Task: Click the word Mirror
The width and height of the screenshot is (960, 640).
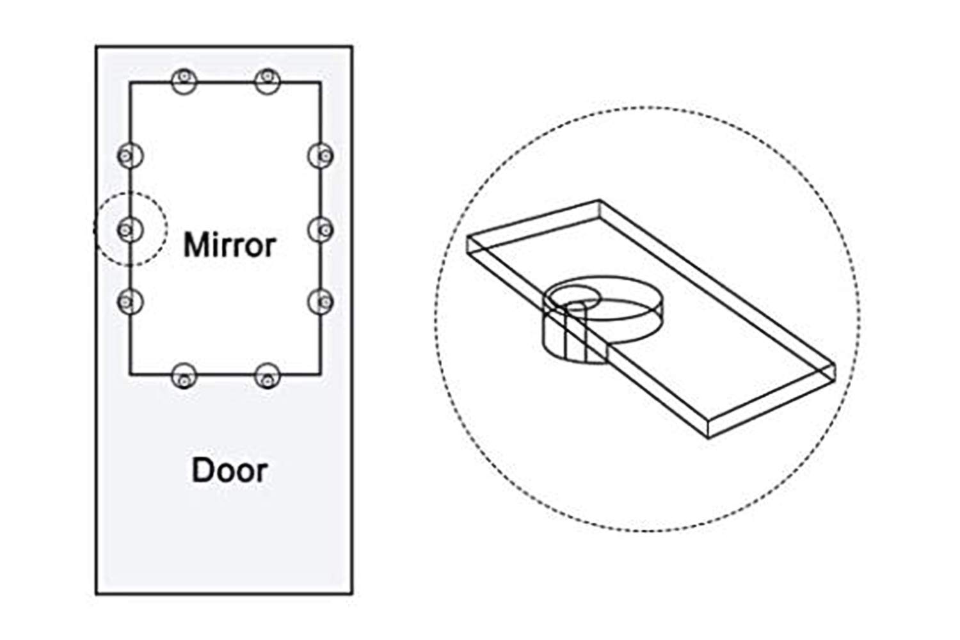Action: [229, 244]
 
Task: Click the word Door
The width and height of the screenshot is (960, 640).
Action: [230, 470]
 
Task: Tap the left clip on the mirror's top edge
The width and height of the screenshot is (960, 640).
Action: [184, 81]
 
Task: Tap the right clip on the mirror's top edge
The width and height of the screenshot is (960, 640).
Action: [268, 81]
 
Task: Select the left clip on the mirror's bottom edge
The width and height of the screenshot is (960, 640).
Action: [184, 376]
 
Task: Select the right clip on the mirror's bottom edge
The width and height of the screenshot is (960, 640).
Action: [268, 376]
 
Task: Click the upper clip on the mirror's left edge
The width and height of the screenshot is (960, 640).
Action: [131, 156]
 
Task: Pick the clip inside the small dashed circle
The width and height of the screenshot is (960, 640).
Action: [131, 230]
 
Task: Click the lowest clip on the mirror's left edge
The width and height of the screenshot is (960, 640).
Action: [131, 301]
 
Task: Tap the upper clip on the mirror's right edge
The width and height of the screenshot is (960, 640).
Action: [321, 156]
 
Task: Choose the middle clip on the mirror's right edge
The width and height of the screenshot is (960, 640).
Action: [321, 230]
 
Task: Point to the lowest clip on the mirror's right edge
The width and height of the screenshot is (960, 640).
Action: [321, 301]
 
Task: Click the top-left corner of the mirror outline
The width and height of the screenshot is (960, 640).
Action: [131, 83]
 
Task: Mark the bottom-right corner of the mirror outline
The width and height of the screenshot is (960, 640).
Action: [321, 374]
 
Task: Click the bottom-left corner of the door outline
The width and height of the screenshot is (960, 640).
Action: [97, 594]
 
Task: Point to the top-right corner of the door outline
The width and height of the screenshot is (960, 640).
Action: [352, 46]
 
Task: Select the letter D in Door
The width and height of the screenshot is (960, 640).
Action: [202, 470]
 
